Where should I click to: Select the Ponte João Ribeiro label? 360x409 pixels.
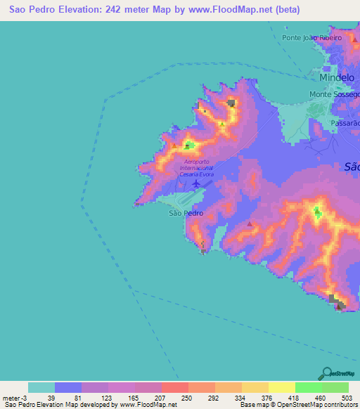tap(311, 37)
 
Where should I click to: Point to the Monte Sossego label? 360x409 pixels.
tap(334, 94)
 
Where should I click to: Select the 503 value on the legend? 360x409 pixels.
tap(347, 397)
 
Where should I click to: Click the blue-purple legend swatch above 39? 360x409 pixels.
tap(68, 387)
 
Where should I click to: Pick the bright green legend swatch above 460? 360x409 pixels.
tap(308, 387)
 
